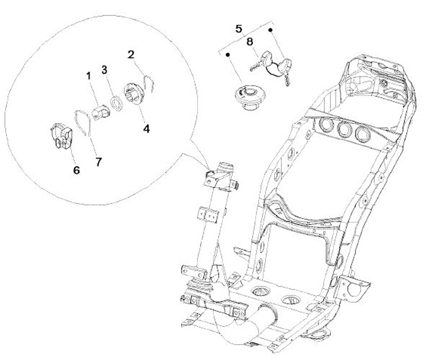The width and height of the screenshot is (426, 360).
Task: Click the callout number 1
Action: coord(88,76)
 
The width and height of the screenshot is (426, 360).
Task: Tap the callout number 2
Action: coord(131,54)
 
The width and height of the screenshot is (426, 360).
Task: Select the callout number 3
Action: coord(104,69)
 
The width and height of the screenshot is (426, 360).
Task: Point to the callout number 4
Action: coord(145,126)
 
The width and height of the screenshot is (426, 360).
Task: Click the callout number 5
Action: coord(238,28)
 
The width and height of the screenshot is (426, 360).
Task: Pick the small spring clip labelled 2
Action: coord(151,82)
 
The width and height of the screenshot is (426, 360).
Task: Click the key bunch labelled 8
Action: coord(274,66)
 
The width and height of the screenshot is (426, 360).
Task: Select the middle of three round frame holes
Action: coord(343,129)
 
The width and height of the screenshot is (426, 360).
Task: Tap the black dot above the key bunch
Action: coord(271,29)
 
